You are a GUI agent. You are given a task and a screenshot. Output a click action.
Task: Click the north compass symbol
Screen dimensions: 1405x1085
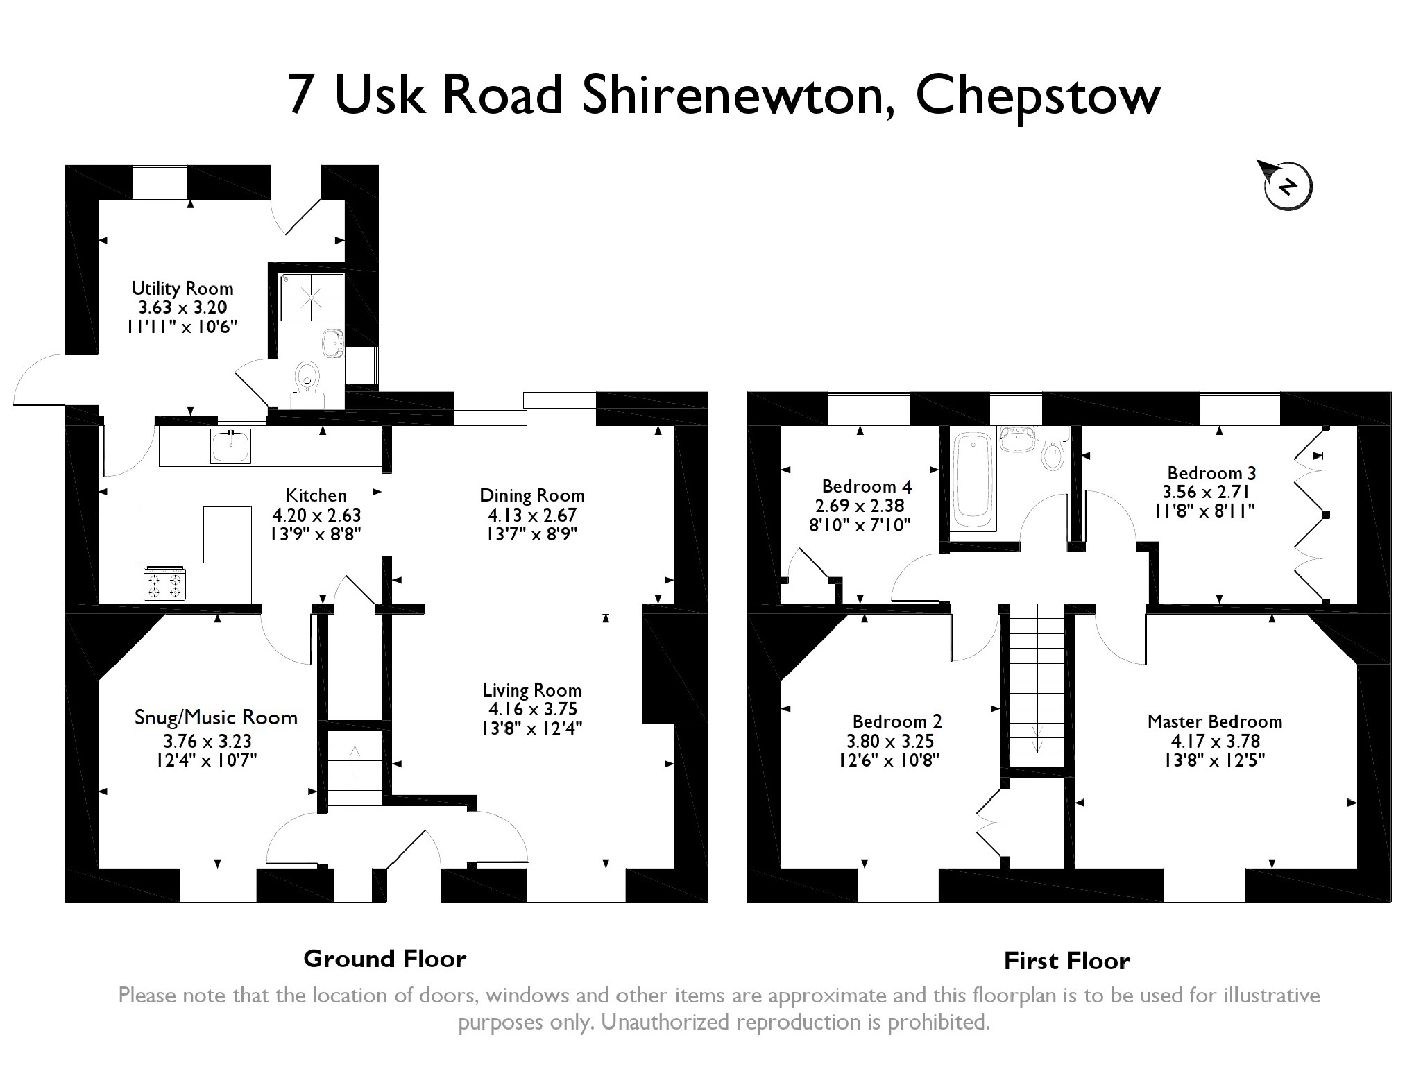(x=1287, y=186)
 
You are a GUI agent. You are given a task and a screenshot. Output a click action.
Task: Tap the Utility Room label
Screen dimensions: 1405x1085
(x=182, y=289)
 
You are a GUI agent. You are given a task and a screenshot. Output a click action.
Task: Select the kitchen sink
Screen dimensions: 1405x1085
(x=231, y=445)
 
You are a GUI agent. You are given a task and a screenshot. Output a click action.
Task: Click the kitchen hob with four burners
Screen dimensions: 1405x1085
(x=165, y=583)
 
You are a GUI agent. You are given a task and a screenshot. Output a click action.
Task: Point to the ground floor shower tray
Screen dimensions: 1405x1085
(x=312, y=297)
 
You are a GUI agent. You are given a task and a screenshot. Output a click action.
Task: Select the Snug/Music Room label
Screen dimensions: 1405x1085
(x=216, y=718)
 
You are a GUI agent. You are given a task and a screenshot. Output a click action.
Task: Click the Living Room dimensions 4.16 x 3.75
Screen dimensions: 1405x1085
(x=532, y=709)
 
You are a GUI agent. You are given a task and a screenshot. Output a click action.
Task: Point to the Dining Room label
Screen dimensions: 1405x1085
(x=532, y=496)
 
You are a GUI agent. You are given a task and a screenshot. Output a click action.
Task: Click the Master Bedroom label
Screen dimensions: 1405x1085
(x=1214, y=721)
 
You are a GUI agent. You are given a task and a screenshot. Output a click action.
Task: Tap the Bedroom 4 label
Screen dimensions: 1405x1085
(x=867, y=486)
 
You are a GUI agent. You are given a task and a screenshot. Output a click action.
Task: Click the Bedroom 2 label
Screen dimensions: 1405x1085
(x=897, y=721)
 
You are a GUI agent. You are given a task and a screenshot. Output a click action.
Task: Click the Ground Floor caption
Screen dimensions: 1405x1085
(x=384, y=959)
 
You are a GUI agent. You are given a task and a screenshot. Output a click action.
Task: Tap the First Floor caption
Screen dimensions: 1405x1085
(x=1066, y=962)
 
